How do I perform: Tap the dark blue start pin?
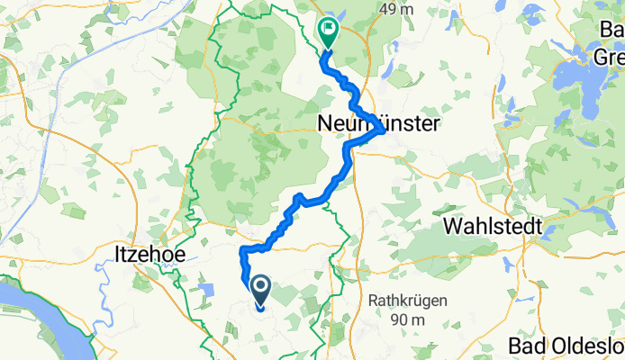point(261,291)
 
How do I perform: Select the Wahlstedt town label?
point(490,227)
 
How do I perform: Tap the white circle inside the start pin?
point(261,286)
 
